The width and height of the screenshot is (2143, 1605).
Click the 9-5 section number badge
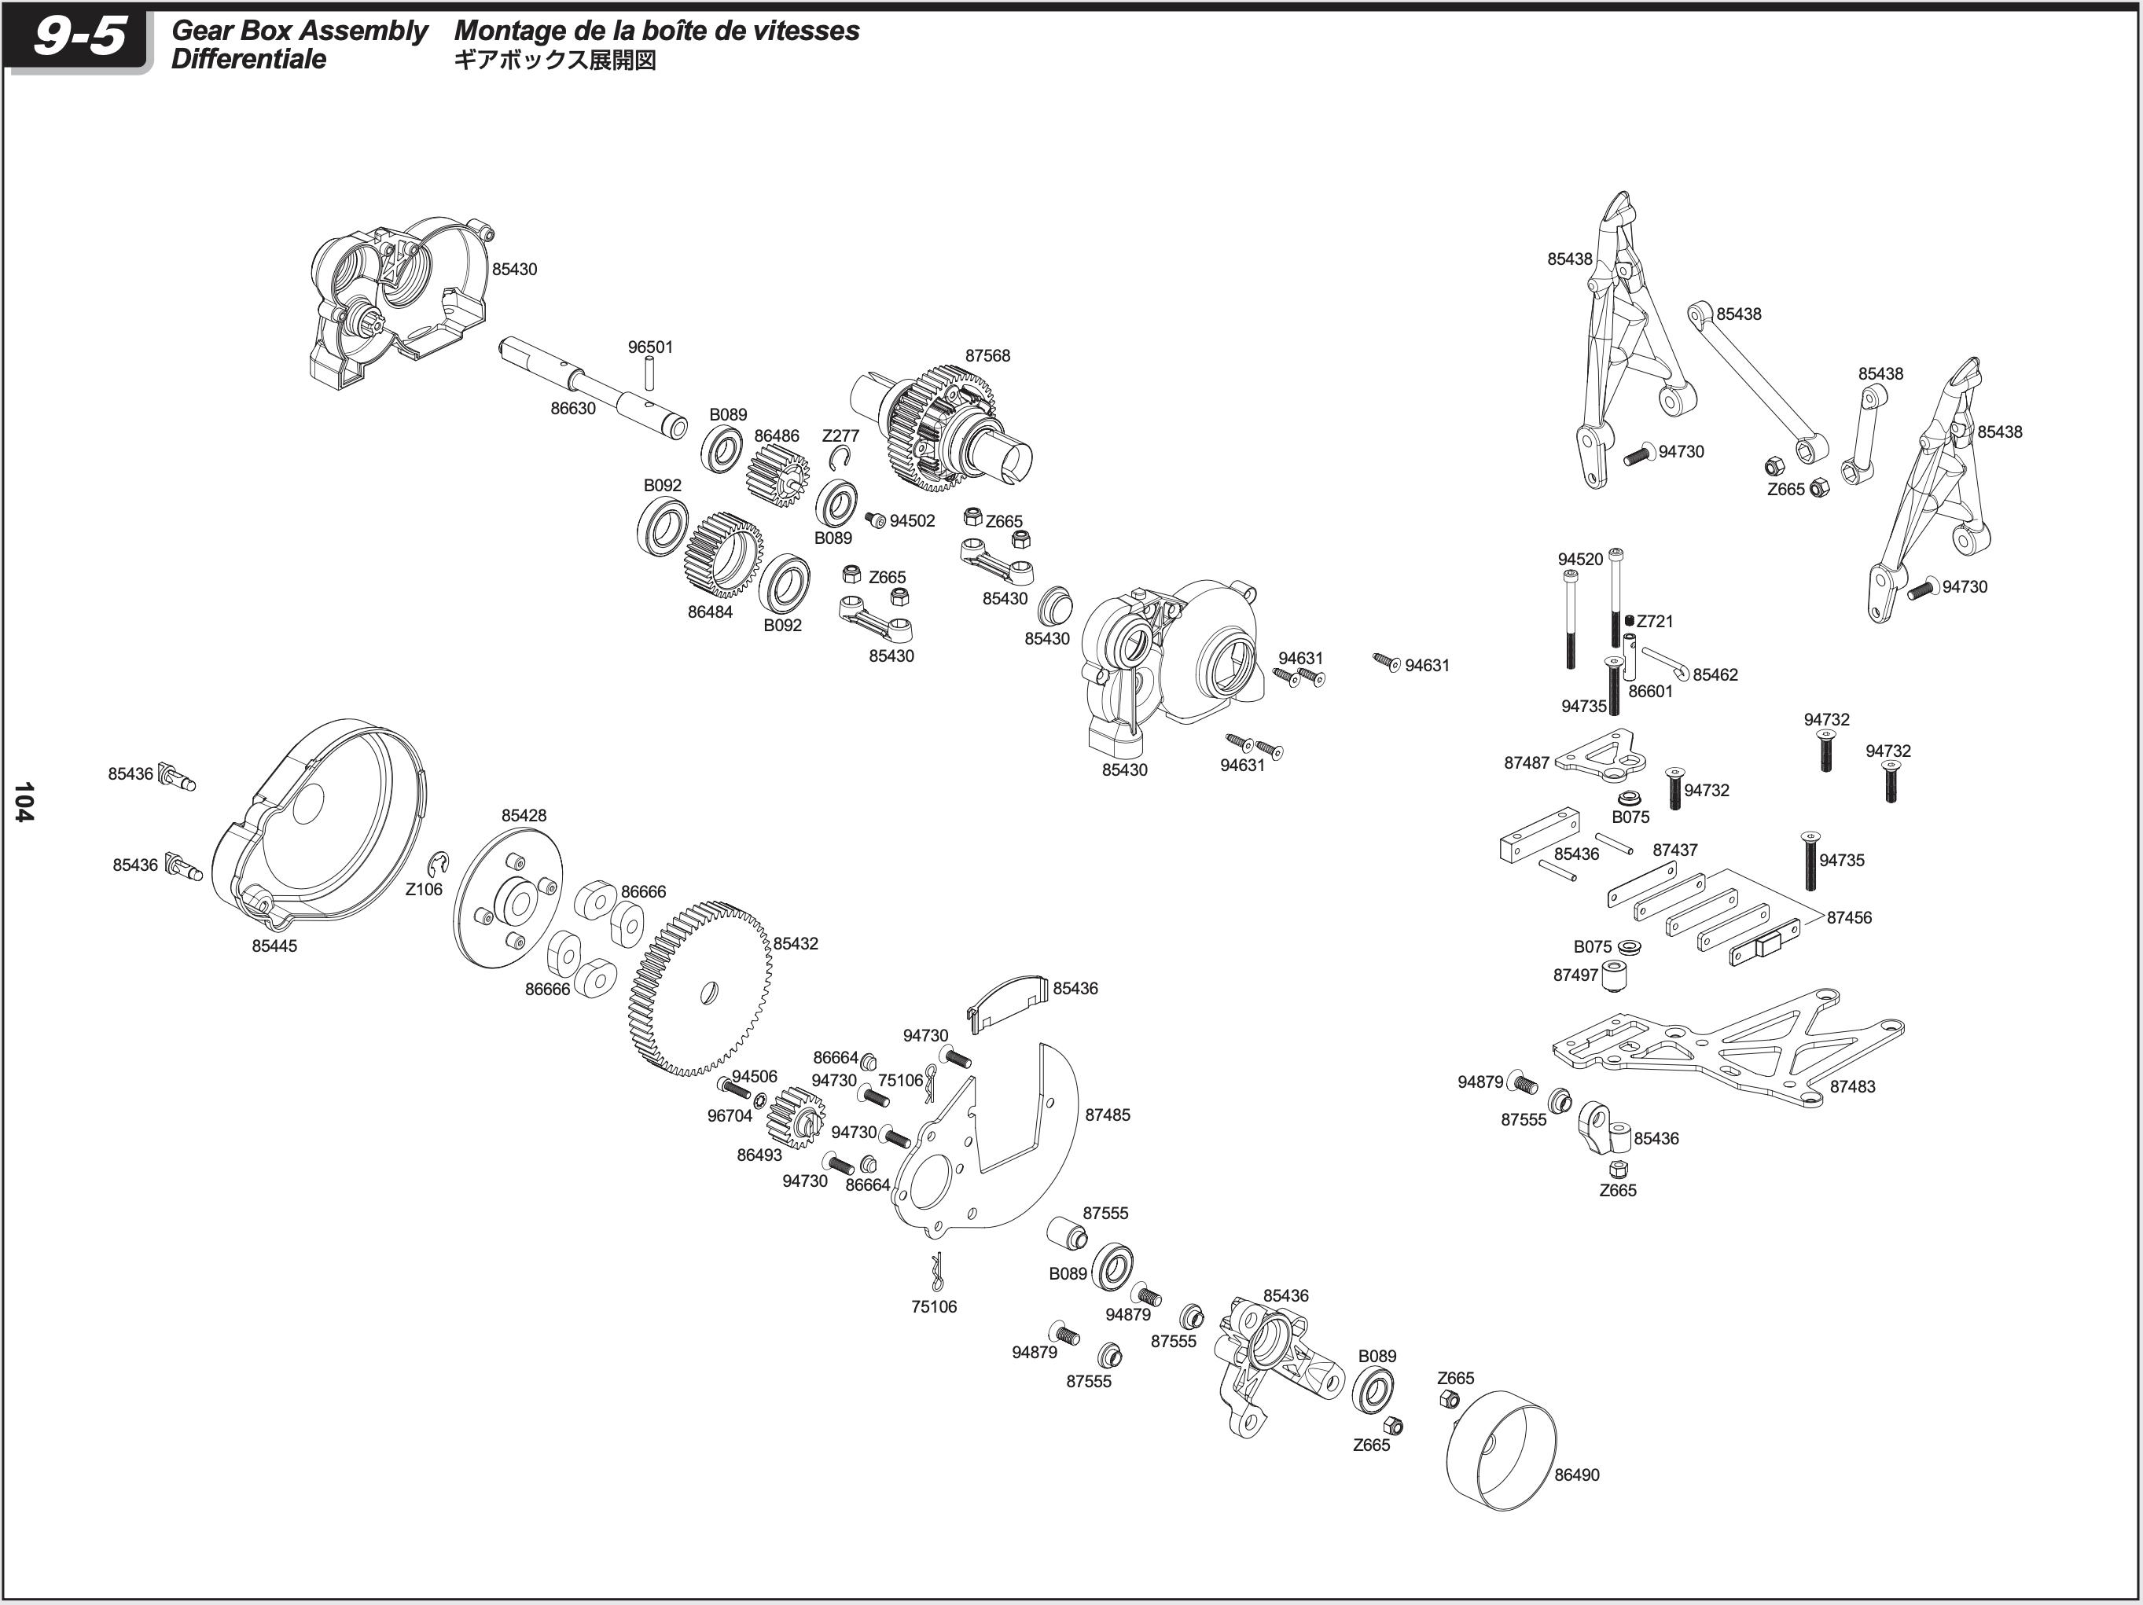[x=79, y=39]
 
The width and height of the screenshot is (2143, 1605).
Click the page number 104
[x=24, y=801]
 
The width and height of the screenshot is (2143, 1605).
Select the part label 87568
[x=987, y=355]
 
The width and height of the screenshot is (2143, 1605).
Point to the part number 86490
[x=1576, y=1475]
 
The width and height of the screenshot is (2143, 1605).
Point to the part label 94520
[x=1580, y=559]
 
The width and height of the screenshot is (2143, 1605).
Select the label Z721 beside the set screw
[x=1655, y=621]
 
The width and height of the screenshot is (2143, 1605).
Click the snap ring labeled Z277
[x=845, y=459]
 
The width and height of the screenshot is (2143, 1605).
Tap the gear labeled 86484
[x=722, y=555]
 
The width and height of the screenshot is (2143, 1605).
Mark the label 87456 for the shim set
[x=1848, y=917]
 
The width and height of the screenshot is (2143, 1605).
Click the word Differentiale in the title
[x=249, y=59]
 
